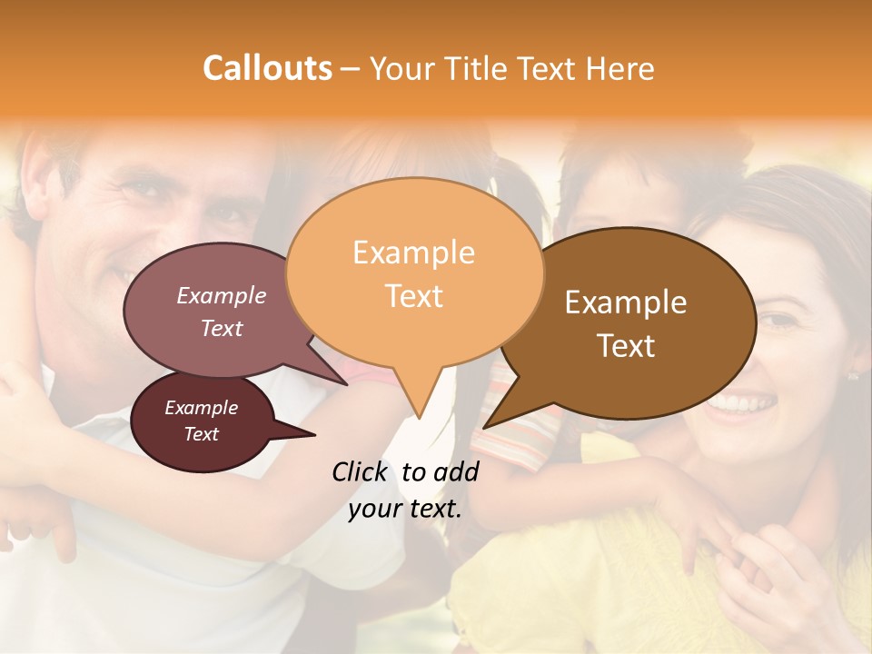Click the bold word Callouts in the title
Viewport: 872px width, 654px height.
coord(267,68)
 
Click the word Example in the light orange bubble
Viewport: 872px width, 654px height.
coord(413,253)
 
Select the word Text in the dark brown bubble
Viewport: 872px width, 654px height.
coord(626,346)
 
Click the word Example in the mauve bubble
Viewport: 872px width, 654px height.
coord(221,296)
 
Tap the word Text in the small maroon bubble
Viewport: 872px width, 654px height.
coord(201,434)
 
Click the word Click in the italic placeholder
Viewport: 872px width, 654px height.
coord(360,471)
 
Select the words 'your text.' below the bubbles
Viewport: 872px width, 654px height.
coord(404,509)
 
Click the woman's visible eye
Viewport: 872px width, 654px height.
coord(777,320)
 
